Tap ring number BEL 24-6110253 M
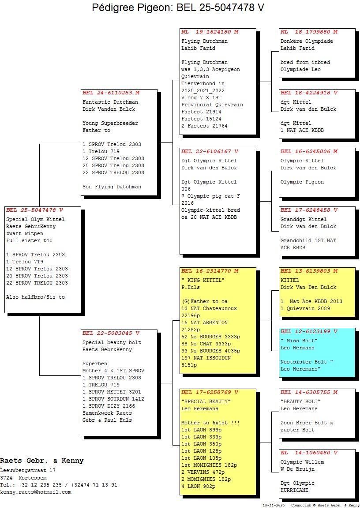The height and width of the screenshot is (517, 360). click(x=111, y=93)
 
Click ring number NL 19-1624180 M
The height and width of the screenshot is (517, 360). click(x=210, y=32)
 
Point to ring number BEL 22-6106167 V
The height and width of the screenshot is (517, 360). click(x=210, y=152)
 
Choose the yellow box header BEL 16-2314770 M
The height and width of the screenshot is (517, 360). click(x=210, y=271)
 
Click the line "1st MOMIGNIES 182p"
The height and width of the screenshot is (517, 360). click(x=209, y=465)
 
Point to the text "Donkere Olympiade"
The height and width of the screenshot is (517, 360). click(x=307, y=41)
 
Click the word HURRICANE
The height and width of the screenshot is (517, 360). click(x=294, y=490)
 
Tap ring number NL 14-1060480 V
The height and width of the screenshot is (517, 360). click(x=309, y=453)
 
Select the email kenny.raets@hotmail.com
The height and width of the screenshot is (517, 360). click(x=35, y=492)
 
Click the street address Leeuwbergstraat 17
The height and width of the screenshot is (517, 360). click(x=28, y=471)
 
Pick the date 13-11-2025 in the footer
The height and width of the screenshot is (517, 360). click(x=274, y=505)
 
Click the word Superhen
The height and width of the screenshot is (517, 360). click(x=95, y=363)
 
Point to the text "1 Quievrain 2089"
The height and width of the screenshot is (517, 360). click(x=305, y=308)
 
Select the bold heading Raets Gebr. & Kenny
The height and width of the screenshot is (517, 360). click(x=42, y=461)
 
